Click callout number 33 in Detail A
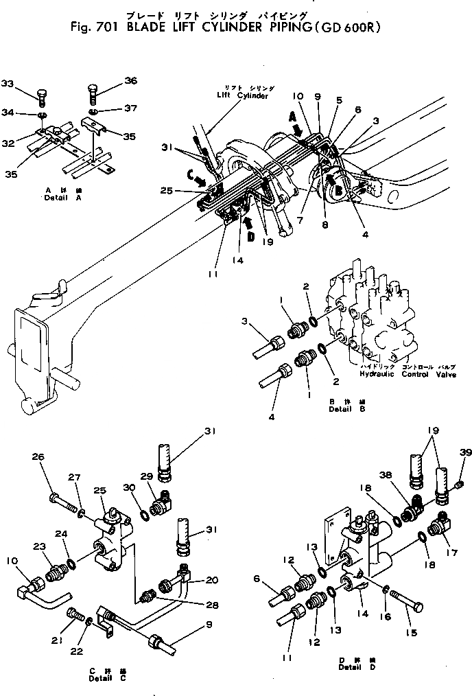(x=8, y=84)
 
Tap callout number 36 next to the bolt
(x=130, y=80)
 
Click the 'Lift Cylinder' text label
(x=239, y=96)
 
